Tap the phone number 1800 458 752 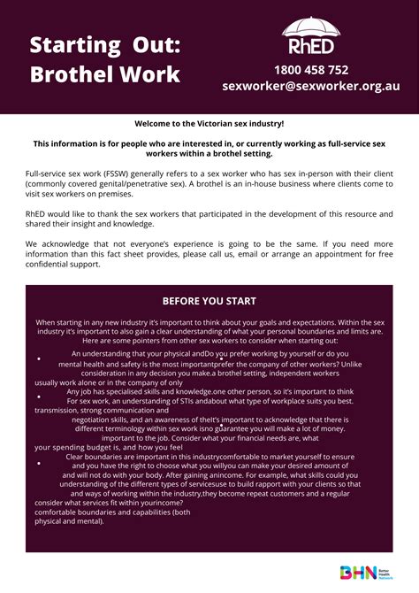311,70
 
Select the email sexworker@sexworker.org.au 311,87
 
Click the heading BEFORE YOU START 209,300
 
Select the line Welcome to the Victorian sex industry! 209,125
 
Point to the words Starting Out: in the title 97,43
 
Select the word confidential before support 54,263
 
